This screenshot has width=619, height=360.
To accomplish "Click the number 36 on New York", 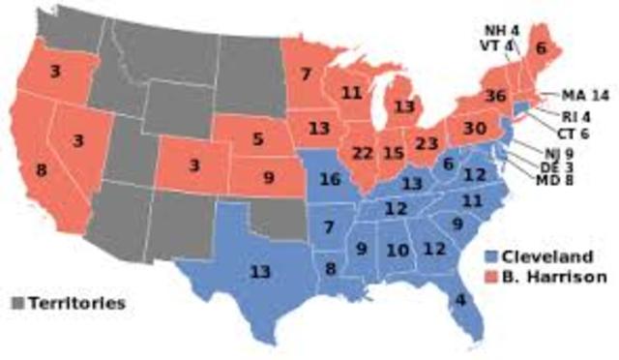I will coord(496,96).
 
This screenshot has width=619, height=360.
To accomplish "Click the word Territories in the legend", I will coord(75,303).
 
